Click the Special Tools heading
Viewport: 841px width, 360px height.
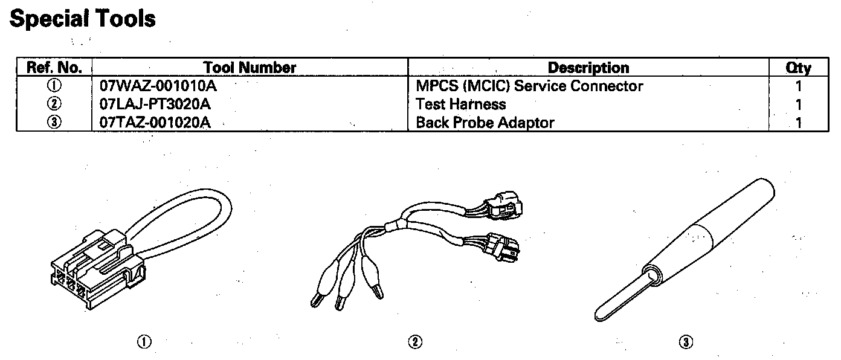pyautogui.click(x=83, y=19)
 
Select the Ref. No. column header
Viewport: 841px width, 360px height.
pyautogui.click(x=54, y=68)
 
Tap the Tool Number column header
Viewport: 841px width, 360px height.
pyautogui.click(x=250, y=68)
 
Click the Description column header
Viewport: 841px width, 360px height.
pyautogui.click(x=588, y=68)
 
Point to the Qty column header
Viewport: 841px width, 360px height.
pyautogui.click(x=798, y=68)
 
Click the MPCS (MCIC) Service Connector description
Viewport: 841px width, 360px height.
pyautogui.click(x=529, y=86)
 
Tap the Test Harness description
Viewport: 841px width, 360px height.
pyautogui.click(x=461, y=104)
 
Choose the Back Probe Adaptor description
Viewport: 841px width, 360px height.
pyautogui.click(x=485, y=123)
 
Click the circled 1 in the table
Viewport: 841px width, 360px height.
pyautogui.click(x=54, y=86)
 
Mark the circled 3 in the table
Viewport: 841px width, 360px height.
pyautogui.click(x=54, y=123)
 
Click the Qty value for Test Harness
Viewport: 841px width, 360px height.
pyautogui.click(x=799, y=104)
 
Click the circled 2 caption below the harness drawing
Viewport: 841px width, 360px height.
pyautogui.click(x=414, y=342)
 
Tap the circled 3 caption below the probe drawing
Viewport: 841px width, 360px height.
pyautogui.click(x=685, y=342)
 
